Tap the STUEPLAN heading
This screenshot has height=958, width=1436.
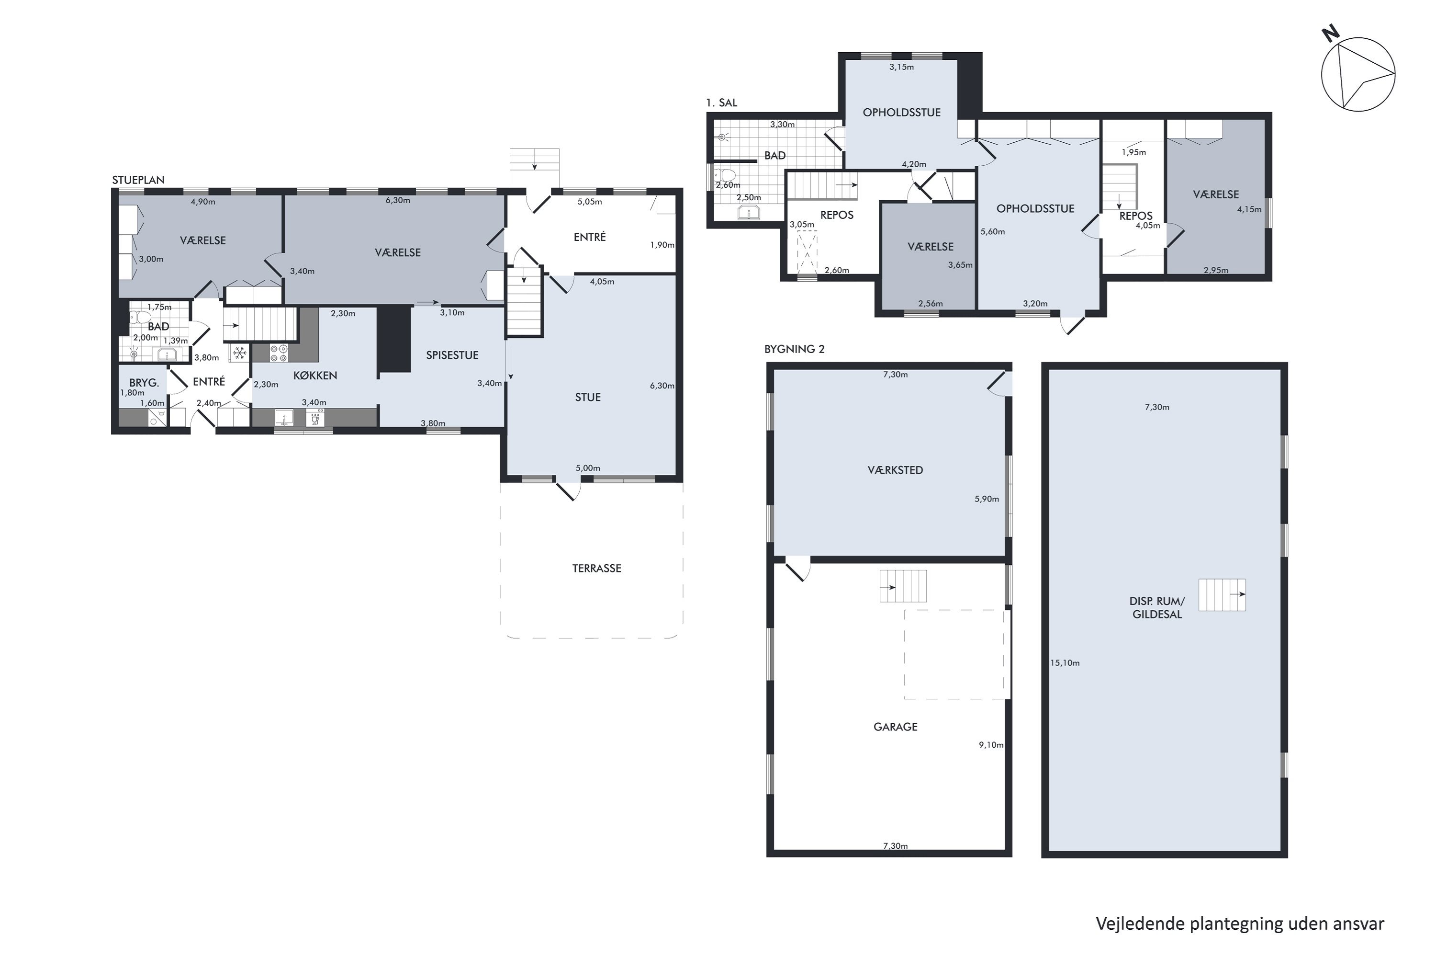point(138,180)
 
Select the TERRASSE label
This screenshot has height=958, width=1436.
point(596,568)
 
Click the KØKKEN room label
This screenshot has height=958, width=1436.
point(315,375)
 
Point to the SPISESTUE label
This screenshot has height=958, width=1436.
point(452,355)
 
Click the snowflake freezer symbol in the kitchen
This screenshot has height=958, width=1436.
point(239,353)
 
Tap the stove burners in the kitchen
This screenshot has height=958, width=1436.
point(279,353)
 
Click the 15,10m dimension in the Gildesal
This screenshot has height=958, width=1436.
point(1065,663)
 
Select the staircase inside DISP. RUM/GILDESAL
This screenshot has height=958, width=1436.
point(1222,594)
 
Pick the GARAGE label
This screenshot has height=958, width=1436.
point(895,727)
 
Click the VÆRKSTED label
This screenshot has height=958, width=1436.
point(895,470)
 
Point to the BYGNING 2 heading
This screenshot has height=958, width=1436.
point(794,349)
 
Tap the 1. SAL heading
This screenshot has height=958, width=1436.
point(722,103)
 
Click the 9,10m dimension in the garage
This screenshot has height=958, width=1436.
point(991,745)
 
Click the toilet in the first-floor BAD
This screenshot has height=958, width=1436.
point(725,176)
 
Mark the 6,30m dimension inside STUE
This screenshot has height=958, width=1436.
point(662,386)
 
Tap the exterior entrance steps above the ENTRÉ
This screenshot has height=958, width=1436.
point(535,168)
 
